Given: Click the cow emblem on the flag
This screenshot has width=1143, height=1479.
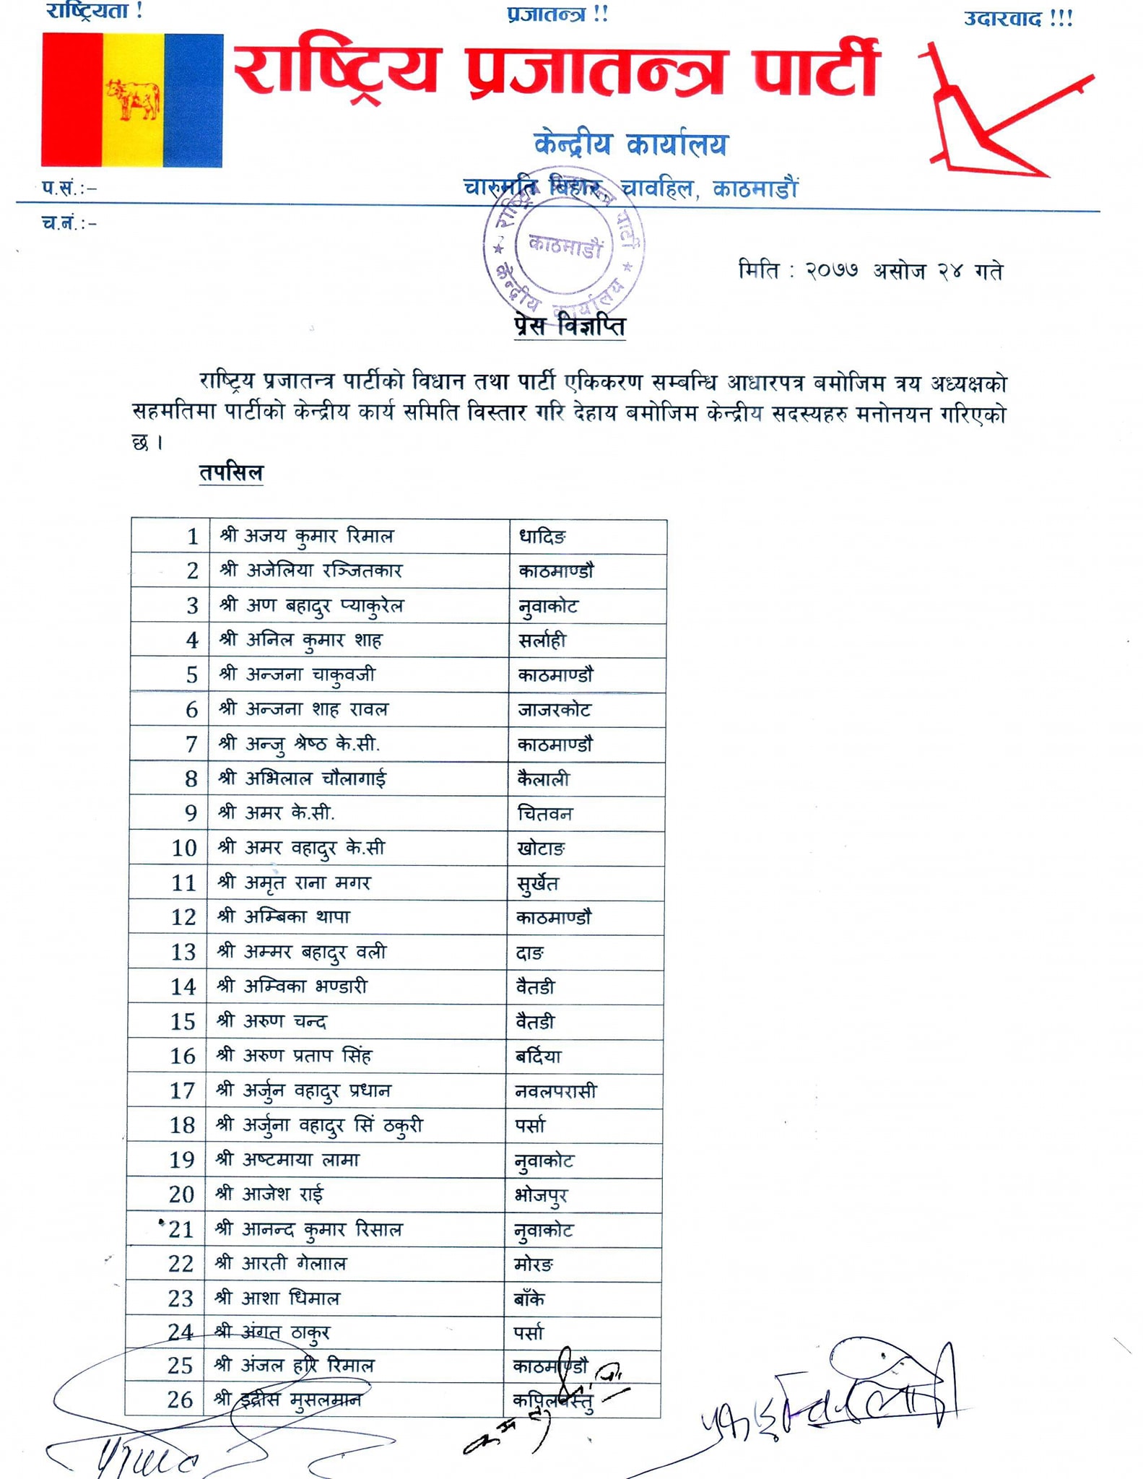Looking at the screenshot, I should coord(133,100).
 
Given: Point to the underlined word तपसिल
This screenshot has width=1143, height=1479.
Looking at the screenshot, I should coord(231,473).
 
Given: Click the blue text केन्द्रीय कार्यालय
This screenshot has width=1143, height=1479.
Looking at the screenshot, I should coord(630,144).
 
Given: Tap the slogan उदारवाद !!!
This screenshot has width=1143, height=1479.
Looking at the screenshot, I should coord(1018,19).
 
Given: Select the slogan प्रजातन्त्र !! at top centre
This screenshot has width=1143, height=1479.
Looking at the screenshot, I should coord(557,14).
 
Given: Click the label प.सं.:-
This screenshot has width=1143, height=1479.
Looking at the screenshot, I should coord(69,188).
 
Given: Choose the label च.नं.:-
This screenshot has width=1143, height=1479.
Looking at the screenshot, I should coord(69,223).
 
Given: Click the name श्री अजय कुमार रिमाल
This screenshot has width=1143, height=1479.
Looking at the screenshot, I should coord(306,537).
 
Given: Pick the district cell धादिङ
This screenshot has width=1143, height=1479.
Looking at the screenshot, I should coord(542,537).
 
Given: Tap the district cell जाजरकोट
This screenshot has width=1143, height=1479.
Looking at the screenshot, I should coord(554,710).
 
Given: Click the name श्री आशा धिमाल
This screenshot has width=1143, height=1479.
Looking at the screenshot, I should coord(277,1298).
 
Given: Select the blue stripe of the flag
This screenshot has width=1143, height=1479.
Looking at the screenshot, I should coord(193,100).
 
